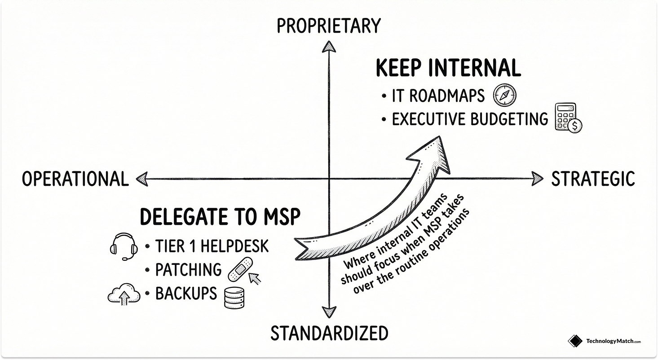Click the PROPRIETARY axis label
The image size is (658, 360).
[328, 26]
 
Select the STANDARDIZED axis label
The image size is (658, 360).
[329, 334]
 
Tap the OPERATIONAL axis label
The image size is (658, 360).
[75, 179]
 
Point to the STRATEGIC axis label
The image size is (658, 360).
[593, 179]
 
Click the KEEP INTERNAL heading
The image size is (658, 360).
[448, 69]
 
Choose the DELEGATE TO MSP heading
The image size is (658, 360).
[220, 217]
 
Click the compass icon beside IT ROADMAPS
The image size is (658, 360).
[505, 95]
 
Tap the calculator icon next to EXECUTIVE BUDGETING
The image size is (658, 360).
[567, 118]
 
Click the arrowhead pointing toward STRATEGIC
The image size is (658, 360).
[537, 179]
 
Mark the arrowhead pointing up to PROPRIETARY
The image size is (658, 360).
[329, 47]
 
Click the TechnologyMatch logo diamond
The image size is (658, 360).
[575, 342]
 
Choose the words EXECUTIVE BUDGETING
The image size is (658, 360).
[470, 119]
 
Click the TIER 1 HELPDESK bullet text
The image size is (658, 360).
[212, 246]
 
